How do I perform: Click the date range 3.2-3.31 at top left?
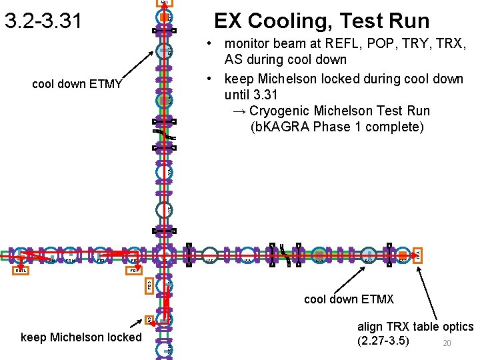coord(43,21)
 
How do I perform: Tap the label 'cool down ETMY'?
coord(77,84)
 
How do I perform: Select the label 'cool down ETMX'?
coord(349,299)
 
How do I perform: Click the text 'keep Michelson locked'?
coord(81,337)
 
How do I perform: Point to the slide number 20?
coord(447,343)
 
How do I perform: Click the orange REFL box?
coord(21,271)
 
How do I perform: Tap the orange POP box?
coord(134,271)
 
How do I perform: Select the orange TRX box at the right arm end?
coord(417,255)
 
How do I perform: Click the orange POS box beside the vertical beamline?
coord(149,285)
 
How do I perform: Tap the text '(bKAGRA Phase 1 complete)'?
coord(337,127)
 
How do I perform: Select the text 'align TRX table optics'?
coord(415,327)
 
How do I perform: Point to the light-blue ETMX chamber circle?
coord(369,255)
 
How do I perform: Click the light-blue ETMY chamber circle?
coord(164,51)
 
